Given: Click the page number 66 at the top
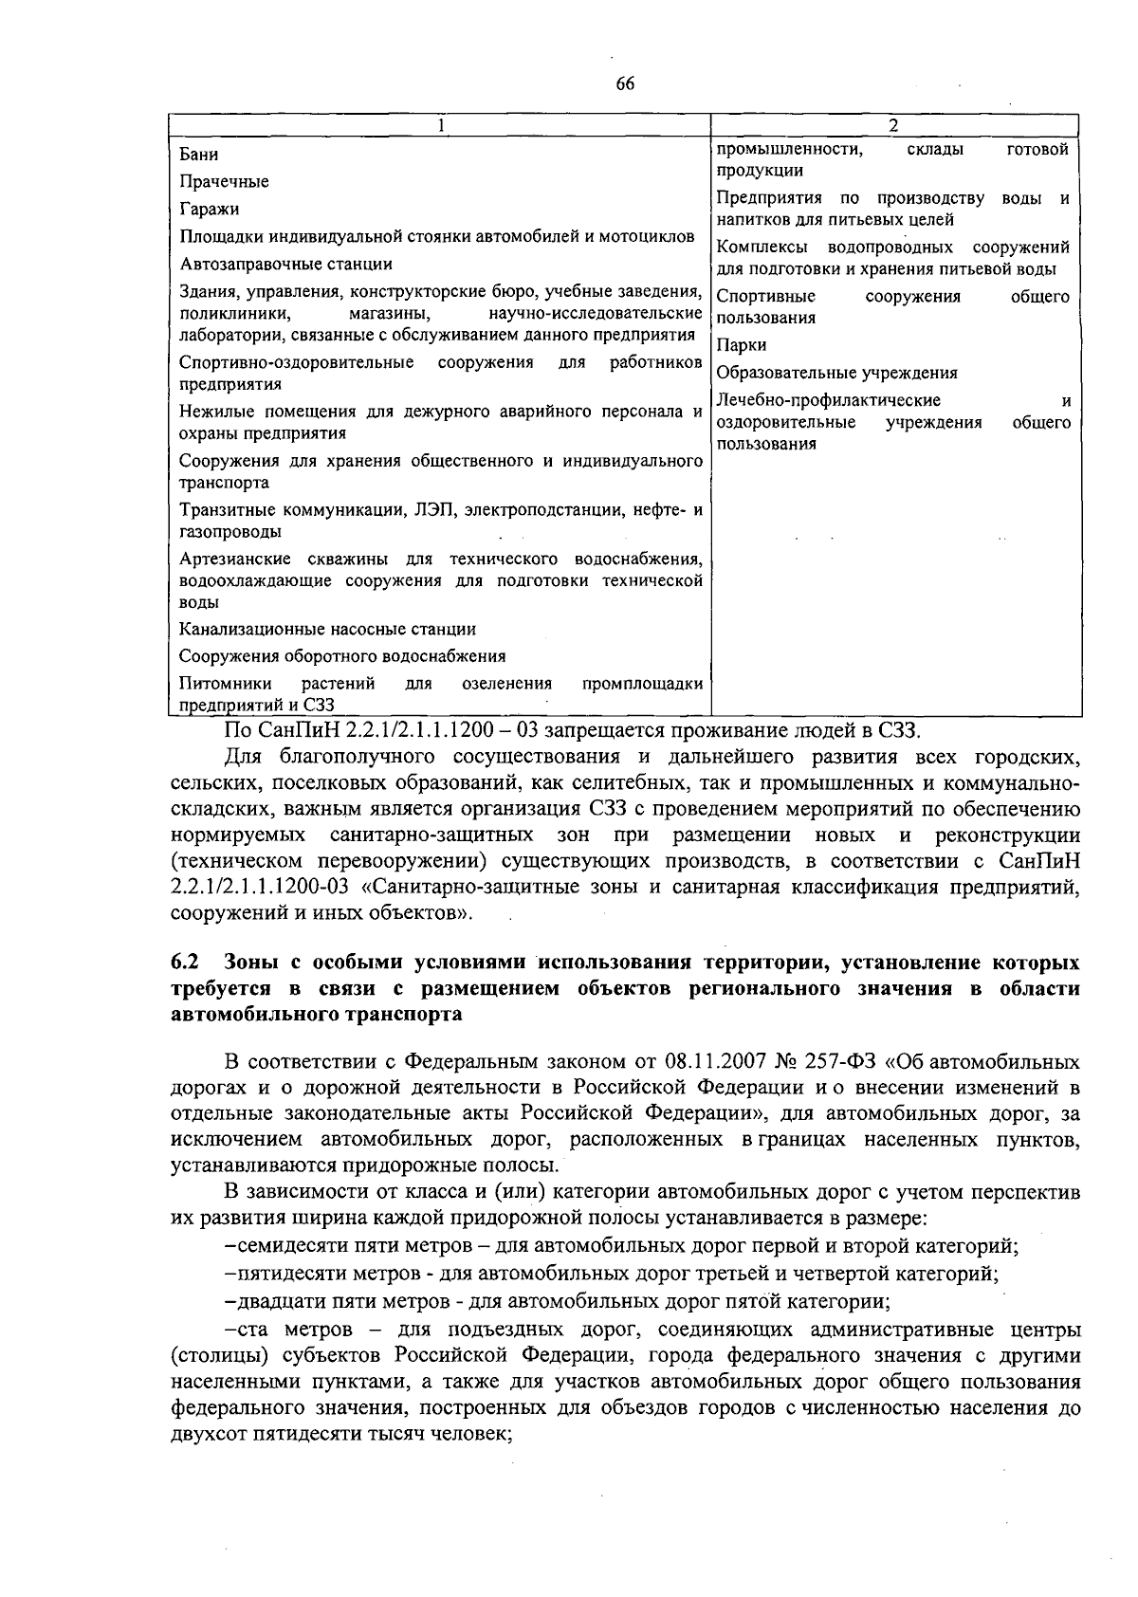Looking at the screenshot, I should tap(624, 83).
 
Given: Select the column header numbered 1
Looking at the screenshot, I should tap(441, 126).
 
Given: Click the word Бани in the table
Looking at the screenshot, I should tap(199, 155).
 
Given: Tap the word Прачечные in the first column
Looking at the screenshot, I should tap(224, 181).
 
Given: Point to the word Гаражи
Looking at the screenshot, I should tap(209, 209).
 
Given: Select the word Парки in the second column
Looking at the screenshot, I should tap(742, 345).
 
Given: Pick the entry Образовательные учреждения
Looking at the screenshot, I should tap(836, 373).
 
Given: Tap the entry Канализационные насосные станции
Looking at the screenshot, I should tap(327, 629).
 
